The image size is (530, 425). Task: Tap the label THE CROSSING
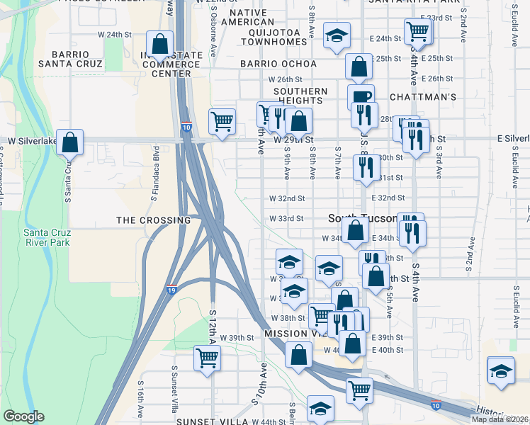point(154,220)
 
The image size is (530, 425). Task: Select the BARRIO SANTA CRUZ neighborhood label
point(69,59)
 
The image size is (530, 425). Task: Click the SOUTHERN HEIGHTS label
point(301,96)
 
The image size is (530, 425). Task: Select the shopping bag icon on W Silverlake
point(70,142)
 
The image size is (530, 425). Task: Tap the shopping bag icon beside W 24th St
point(160,45)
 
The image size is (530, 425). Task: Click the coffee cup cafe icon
point(361,98)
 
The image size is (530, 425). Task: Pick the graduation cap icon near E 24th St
point(337,35)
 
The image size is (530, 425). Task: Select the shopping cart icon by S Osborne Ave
point(222,121)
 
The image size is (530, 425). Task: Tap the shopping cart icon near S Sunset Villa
point(207,358)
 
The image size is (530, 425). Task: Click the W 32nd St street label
point(286,199)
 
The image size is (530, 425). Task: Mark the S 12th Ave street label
point(212,326)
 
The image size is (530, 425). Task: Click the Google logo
point(23,416)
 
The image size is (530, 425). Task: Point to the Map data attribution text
point(500,419)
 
